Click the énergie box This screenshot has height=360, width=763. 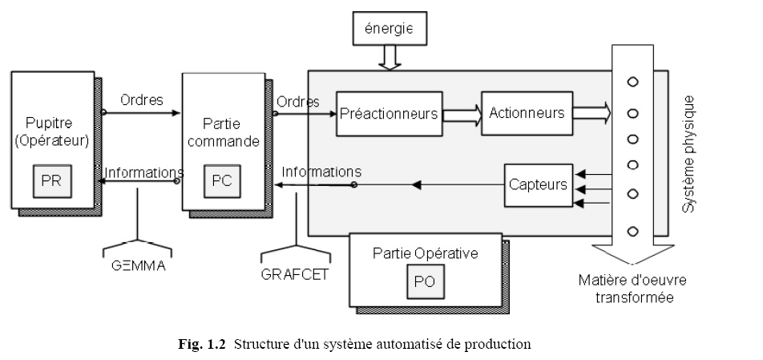pos(389,30)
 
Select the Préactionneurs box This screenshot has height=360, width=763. pos(389,114)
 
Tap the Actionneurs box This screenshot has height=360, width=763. pos(527,113)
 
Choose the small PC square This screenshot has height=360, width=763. pos(221,181)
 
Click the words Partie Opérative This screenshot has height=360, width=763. pos(425,253)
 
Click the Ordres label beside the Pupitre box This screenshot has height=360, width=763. pos(142,100)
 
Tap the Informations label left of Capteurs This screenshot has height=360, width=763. pos(321,172)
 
